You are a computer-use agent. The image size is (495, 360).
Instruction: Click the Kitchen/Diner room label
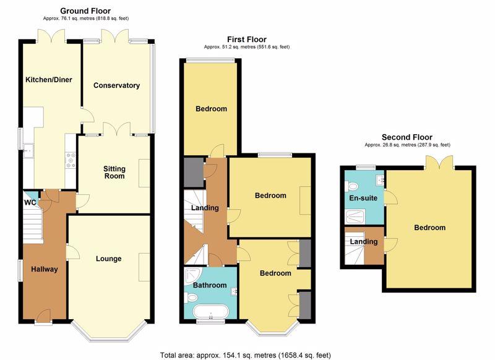coord(49,80)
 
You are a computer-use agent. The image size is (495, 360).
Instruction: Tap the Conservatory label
coord(116,85)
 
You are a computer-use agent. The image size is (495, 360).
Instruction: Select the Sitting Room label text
coord(114,173)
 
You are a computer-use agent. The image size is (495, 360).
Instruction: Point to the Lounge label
coord(109,259)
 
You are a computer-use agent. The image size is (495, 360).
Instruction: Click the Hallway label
coord(45,269)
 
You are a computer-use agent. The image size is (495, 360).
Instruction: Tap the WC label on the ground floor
coord(30,202)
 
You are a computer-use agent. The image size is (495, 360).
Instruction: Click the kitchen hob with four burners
coord(71,160)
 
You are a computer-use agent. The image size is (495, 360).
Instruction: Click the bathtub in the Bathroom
coord(210,312)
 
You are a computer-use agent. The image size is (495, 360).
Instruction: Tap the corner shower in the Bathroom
coord(191,274)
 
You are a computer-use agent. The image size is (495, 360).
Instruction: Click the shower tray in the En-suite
coord(355,216)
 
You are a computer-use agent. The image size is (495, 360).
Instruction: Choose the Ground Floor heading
coord(85,11)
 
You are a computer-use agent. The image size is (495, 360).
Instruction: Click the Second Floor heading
coord(407,137)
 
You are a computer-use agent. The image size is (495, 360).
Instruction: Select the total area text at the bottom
coord(245,355)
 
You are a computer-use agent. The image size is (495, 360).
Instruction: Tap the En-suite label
coord(363,198)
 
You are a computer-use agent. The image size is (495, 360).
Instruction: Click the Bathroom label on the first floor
coord(210,285)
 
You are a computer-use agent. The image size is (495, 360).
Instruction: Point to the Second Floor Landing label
coord(364,242)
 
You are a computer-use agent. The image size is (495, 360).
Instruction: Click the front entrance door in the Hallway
coord(43,315)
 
